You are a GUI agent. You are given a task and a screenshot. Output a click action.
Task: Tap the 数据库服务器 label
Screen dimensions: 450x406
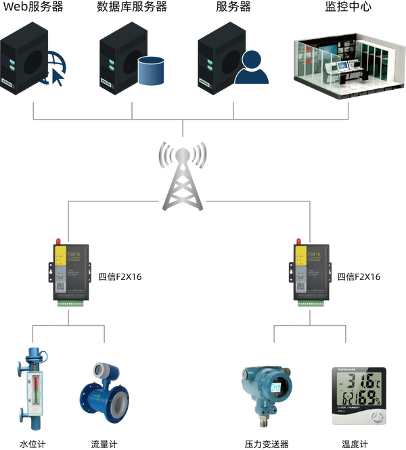(132, 7)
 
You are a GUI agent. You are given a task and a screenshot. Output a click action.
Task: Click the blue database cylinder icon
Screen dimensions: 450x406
(152, 71)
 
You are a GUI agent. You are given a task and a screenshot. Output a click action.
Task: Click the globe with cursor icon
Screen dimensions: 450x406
(55, 74)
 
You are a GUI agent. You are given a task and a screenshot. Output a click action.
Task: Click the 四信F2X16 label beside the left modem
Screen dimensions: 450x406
(120, 276)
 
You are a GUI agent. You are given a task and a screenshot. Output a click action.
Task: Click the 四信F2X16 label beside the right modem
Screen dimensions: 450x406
(359, 276)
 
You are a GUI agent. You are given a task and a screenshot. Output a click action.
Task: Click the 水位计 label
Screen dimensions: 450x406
(32, 444)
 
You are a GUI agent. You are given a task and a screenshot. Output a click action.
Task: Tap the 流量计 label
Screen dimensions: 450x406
(104, 444)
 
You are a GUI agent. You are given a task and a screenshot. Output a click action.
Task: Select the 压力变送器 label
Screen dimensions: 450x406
(267, 444)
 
